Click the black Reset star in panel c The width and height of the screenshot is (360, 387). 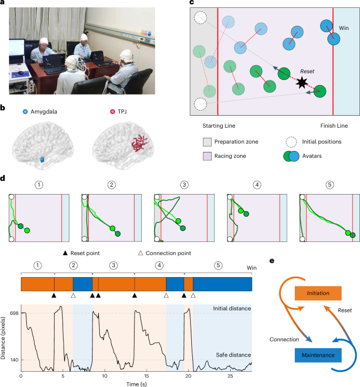tap(301, 82)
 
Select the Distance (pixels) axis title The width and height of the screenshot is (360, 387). tap(4, 336)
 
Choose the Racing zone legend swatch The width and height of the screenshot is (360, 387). tap(208, 156)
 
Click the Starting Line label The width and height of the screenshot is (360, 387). tap(219, 126)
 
